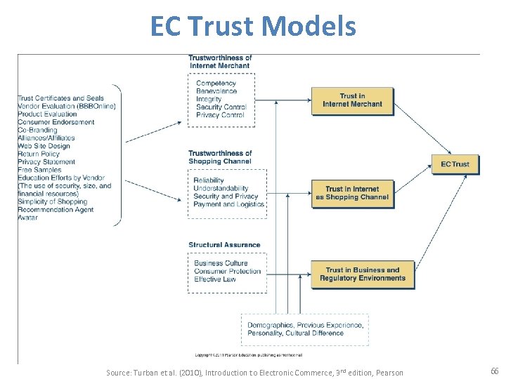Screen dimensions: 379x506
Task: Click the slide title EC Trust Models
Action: pos(253,27)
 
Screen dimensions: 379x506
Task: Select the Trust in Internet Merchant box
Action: pos(352,100)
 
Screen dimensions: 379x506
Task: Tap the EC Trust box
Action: pos(455,164)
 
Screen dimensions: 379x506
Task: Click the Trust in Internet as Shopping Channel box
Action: pos(352,193)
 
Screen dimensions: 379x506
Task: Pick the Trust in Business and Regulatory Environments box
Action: pos(363,274)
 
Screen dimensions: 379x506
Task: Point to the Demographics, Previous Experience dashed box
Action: pos(304,328)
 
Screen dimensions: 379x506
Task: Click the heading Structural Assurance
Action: pos(224,245)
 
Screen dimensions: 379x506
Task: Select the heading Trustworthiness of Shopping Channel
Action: pos(220,157)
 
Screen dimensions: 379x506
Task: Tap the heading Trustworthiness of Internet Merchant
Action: pos(220,62)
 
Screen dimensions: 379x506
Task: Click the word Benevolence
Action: pos(216,91)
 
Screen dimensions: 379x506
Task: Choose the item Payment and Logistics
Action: pos(229,204)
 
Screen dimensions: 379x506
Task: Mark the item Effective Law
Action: pos(215,279)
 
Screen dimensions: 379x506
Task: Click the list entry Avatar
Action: pos(28,218)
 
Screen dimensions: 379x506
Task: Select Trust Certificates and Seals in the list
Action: pos(60,98)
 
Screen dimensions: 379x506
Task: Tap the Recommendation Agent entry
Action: pos(56,210)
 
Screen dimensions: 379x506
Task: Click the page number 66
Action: pos(495,371)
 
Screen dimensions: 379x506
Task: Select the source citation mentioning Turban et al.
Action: pos(254,372)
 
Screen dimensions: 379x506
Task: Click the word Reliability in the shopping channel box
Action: pos(209,180)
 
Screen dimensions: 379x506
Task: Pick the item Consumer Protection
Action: pos(228,272)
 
